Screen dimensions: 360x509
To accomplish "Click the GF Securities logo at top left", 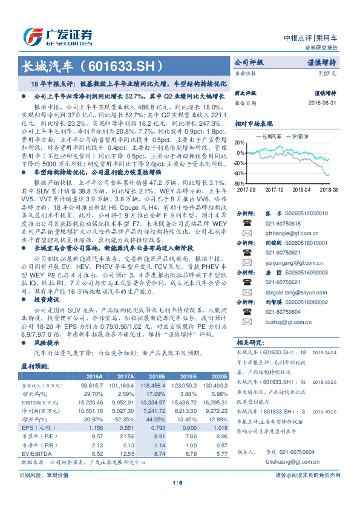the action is click(x=57, y=35).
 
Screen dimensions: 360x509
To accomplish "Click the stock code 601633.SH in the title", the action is click(x=126, y=65).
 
